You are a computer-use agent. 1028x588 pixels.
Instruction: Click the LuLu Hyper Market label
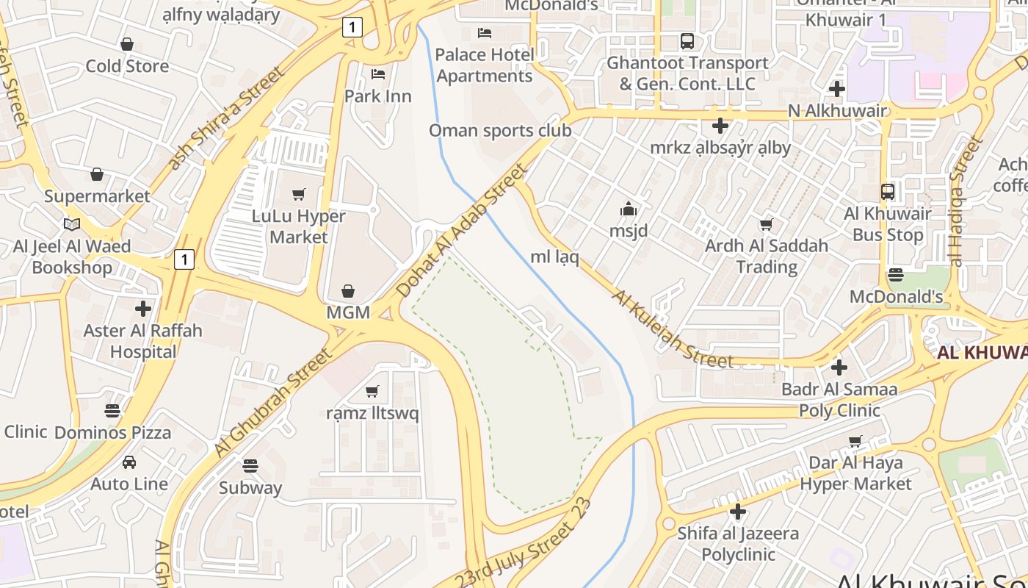298,226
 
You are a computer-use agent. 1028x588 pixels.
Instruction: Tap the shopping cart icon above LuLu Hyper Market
299,195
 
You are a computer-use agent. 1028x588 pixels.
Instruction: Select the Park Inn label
378,96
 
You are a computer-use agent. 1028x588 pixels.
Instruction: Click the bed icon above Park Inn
378,74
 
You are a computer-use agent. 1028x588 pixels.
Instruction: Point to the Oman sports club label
500,131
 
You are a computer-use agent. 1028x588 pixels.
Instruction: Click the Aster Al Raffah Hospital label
143,341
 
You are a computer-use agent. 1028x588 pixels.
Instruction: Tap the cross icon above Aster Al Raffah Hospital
143,309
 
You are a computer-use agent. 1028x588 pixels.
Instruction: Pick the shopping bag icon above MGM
348,292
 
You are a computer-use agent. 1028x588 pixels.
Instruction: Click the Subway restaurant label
250,487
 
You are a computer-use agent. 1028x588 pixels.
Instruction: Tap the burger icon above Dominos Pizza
112,411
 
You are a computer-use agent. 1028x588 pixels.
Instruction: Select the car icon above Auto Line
129,462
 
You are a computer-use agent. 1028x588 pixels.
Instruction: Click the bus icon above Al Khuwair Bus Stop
888,192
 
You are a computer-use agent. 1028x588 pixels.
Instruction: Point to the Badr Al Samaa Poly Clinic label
840,400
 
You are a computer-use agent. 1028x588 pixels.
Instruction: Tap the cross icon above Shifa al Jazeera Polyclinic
738,512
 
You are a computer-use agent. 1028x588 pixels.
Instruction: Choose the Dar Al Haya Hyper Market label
855,473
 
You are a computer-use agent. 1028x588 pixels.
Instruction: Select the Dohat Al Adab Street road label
462,231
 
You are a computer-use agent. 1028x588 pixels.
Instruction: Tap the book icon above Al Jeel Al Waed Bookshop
72,224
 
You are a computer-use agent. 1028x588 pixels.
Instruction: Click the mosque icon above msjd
629,209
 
